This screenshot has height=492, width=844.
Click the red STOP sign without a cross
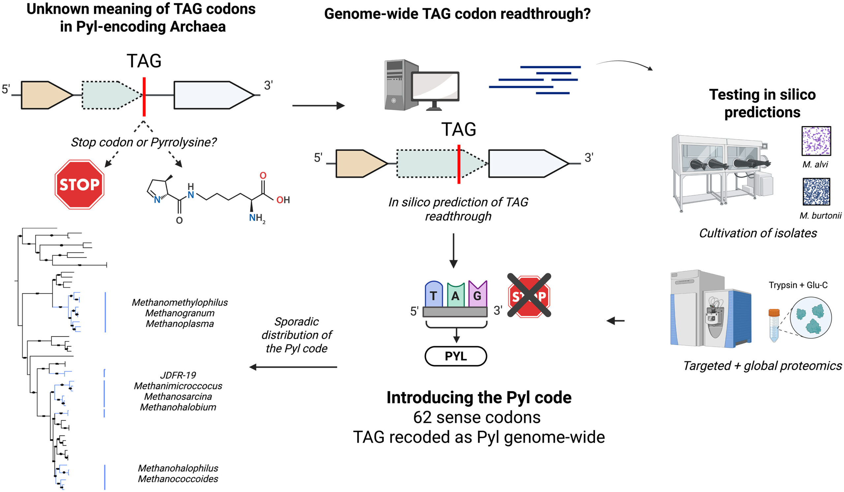click(79, 185)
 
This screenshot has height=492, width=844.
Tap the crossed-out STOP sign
click(529, 296)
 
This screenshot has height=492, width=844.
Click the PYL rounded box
click(456, 356)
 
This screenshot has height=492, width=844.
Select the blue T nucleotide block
click(434, 295)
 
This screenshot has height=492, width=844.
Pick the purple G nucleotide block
click(477, 295)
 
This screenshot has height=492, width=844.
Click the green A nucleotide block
click(456, 296)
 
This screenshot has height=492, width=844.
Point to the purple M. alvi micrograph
click(816, 141)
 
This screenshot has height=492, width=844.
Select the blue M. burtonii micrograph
click(816, 192)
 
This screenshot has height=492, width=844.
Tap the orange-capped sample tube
click(774, 325)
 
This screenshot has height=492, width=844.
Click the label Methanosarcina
click(178, 397)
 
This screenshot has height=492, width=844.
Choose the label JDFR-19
click(178, 375)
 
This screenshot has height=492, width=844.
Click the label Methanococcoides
click(178, 479)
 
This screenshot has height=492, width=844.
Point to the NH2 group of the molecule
click(256, 218)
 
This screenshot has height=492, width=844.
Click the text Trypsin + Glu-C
click(798, 285)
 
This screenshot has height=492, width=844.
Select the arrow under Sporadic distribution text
click(293, 367)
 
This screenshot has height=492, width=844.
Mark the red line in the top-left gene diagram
click(144, 97)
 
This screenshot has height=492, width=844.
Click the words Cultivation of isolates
click(758, 233)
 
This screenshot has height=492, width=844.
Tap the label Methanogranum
click(180, 313)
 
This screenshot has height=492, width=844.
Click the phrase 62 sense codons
click(477, 418)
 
